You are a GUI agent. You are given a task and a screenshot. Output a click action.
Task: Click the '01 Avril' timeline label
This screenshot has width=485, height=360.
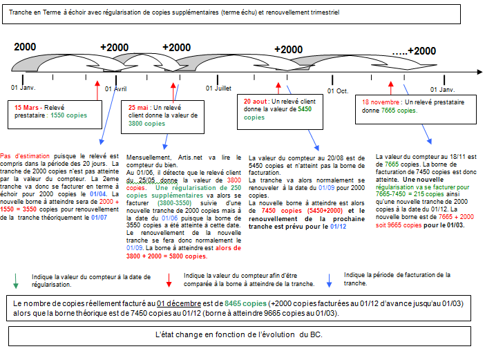(115, 89)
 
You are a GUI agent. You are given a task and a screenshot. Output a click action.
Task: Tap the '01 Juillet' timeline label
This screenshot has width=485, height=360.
(218, 88)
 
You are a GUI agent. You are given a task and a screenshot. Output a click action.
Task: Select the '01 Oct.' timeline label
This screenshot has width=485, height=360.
(339, 90)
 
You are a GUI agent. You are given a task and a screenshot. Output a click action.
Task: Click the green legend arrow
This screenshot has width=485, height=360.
(15, 281)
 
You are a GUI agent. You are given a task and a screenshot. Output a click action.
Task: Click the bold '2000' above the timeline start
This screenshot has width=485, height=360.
(25, 46)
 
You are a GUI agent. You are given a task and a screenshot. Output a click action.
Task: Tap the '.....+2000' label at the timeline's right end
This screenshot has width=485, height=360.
(414, 50)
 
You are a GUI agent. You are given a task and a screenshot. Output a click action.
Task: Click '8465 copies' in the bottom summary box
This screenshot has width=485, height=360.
(245, 303)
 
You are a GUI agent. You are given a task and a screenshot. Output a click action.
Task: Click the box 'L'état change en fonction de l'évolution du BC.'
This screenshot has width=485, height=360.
(242, 335)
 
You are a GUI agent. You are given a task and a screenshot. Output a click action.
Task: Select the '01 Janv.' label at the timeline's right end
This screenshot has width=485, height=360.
(443, 89)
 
